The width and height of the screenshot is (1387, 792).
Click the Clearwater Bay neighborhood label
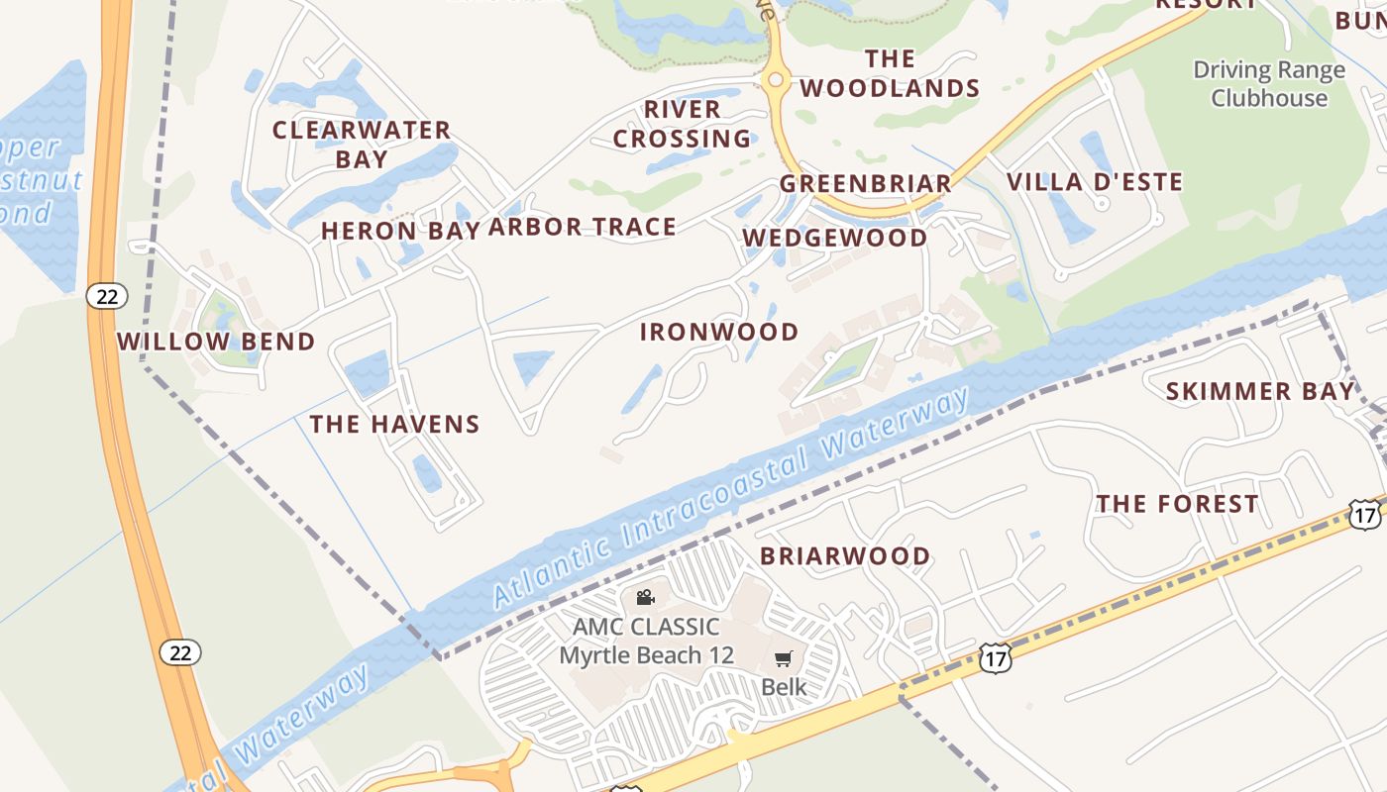point(362,144)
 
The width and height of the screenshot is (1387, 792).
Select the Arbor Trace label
point(583,227)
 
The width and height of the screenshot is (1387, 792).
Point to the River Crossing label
point(682,124)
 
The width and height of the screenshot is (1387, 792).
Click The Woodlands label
point(890,74)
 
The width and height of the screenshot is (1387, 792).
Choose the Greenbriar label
point(865,183)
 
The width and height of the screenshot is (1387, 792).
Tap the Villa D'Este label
point(1095,182)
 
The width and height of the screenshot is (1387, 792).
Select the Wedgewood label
point(835,238)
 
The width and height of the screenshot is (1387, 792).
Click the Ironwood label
point(719,332)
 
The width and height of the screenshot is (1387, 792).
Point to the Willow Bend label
point(216,342)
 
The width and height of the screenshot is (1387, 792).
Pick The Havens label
point(394,424)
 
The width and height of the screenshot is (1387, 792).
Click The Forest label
point(1177,504)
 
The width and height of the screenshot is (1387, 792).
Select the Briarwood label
point(845,555)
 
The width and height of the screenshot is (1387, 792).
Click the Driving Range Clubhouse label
point(1269,84)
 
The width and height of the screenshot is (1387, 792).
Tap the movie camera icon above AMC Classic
point(645,597)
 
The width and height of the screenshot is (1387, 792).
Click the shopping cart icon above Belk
point(784,658)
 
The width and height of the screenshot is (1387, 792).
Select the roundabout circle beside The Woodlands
point(776,79)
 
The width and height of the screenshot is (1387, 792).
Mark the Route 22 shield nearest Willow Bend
point(106,295)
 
